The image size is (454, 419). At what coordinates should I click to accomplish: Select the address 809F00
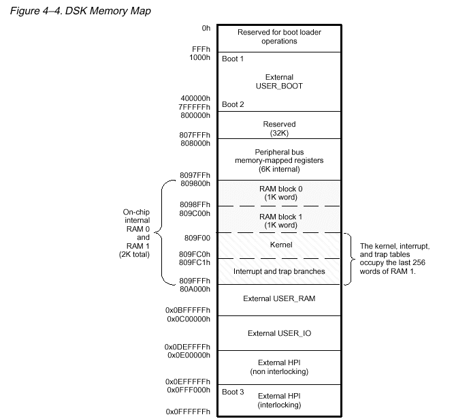pyautogui.click(x=198, y=239)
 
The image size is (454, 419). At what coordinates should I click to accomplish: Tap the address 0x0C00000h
pyautogui.click(x=189, y=318)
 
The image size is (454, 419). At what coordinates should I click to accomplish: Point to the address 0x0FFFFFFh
pyautogui.click(x=189, y=412)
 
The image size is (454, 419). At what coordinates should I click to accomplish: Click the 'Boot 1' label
pyautogui.click(x=233, y=59)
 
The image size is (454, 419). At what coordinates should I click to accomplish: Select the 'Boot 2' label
pyautogui.click(x=233, y=105)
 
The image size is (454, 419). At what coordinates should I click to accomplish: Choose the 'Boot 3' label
pyautogui.click(x=233, y=392)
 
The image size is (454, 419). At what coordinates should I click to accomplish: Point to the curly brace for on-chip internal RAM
pyautogui.click(x=163, y=233)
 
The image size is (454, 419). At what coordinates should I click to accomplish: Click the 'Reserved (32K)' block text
pyautogui.click(x=279, y=128)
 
